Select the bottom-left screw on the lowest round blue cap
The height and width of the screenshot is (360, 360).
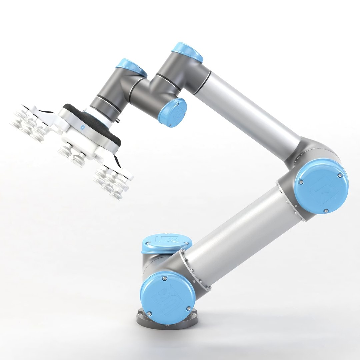coord(149,313)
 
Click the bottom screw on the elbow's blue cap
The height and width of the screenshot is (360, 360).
coord(326,211)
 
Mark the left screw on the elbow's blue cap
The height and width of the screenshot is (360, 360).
coord(301,182)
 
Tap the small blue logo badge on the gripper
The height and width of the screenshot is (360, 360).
coord(82,127)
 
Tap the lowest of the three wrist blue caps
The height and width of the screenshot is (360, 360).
coord(173,112)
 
